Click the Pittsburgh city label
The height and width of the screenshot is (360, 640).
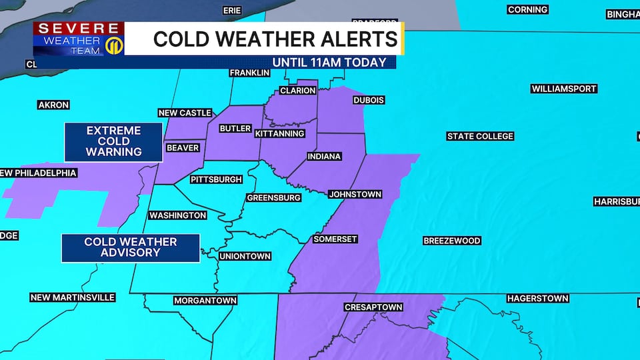(x=216, y=179)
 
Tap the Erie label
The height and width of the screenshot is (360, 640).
(x=232, y=11)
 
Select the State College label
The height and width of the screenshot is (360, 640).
(x=480, y=136)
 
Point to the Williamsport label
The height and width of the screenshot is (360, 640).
(x=564, y=89)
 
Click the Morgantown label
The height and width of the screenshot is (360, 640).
(x=205, y=301)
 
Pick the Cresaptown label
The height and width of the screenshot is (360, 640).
(x=373, y=307)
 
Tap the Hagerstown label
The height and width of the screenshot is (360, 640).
(x=537, y=298)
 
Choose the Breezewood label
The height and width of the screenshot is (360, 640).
(x=452, y=241)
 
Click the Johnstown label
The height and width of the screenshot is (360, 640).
(x=355, y=194)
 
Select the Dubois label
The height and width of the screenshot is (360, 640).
(x=369, y=100)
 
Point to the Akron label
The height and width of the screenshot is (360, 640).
(x=54, y=105)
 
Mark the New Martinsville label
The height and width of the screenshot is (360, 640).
(x=73, y=297)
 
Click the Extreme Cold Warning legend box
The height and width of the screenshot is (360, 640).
(x=113, y=141)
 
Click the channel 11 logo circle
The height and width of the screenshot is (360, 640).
(x=113, y=47)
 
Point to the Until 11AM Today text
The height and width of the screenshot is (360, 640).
(x=329, y=62)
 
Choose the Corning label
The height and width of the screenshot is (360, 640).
(x=527, y=9)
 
